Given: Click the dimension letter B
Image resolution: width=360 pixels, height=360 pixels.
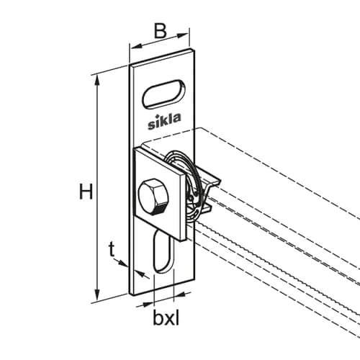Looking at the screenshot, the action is (160, 31).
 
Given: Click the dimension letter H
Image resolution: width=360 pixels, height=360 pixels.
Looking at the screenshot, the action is (86, 191).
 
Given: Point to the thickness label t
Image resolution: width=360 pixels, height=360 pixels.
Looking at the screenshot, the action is (112, 249).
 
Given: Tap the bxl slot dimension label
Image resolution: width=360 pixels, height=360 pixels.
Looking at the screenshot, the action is (166, 318).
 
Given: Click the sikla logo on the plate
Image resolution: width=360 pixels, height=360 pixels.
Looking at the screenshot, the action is (164, 121).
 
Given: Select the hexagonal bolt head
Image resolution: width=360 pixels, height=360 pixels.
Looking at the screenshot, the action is (153, 197).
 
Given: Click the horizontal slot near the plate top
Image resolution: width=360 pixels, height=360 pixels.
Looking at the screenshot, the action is (163, 94).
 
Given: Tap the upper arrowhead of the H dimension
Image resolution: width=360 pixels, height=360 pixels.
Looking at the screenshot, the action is (97, 81).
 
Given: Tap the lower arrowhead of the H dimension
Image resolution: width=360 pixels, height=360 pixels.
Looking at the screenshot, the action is (97, 295).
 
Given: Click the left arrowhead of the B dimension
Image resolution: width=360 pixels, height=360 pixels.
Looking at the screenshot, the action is (135, 47).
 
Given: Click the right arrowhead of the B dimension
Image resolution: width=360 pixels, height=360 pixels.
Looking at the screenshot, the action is (184, 35).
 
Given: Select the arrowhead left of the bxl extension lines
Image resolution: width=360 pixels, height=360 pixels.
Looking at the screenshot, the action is (148, 304).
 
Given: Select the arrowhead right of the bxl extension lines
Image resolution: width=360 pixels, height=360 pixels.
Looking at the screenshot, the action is (179, 296).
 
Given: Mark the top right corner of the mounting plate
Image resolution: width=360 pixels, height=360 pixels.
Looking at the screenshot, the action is (194, 50).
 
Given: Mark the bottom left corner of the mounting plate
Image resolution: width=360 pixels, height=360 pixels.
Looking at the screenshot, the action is (130, 294).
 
